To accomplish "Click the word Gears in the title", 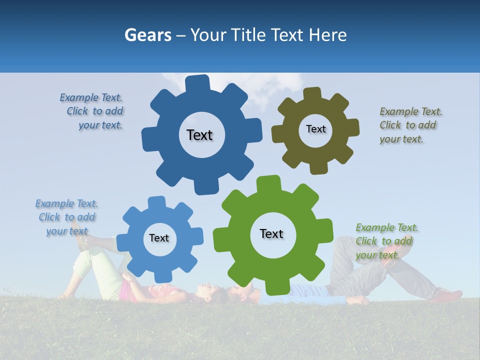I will pos(147,35).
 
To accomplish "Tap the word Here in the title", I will pos(327,35).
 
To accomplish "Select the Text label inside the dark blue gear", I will pos(199,135).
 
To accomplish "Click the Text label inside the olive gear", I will pos(315,129).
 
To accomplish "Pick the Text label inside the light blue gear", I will pos(159,238).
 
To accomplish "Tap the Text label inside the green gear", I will pos(271,233).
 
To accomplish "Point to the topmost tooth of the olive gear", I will pos(312,93).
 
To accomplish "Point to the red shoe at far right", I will pos(448,295).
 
